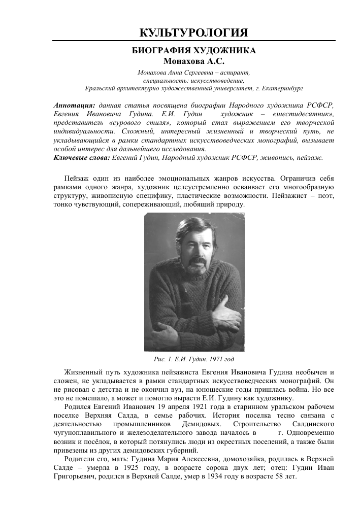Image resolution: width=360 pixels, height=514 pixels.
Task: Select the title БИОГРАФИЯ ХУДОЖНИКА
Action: coord(193,51)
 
